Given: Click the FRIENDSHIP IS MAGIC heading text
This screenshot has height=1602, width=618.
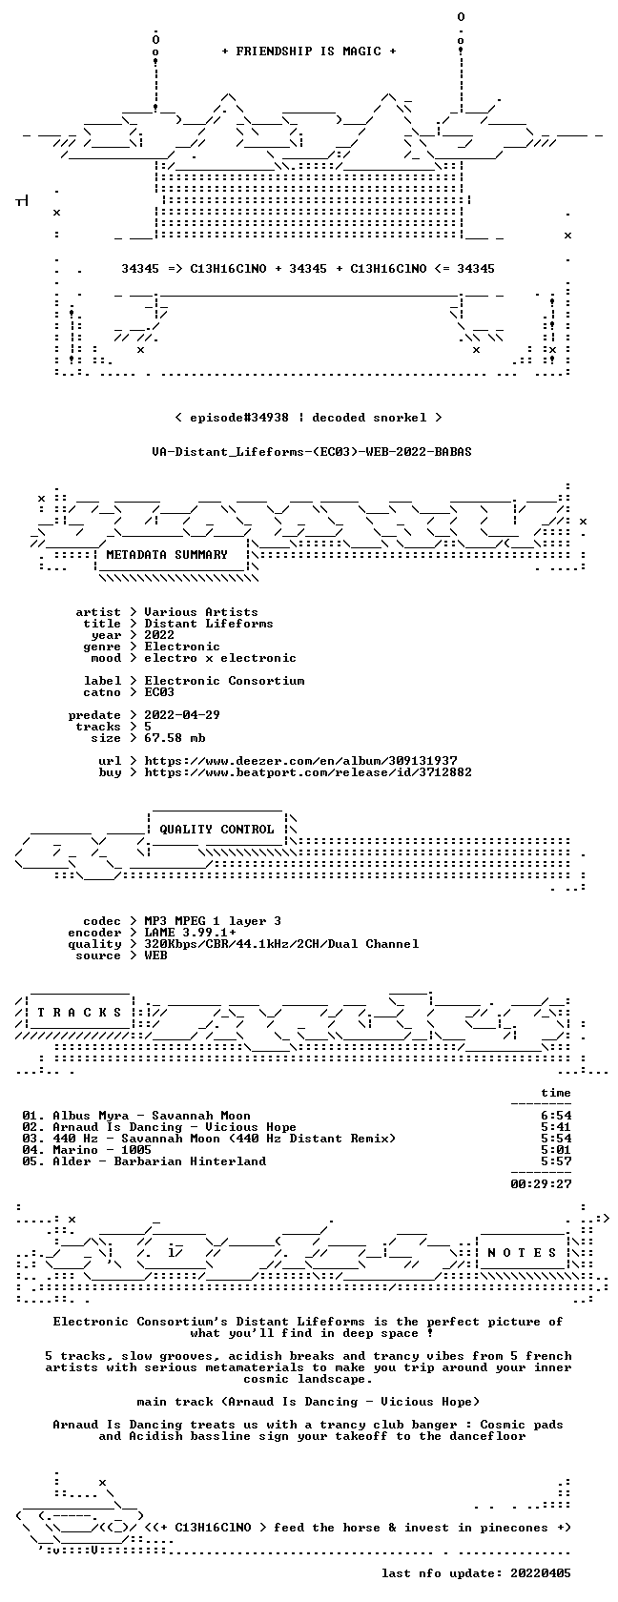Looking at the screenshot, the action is pyautogui.click(x=309, y=51).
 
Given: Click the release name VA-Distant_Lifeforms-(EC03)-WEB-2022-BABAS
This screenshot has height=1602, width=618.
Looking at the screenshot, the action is pyautogui.click(x=312, y=452).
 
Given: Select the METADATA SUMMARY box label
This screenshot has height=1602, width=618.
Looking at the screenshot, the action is pyautogui.click(x=167, y=555).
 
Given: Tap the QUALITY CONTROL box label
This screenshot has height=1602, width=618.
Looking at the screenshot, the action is pyautogui.click(x=216, y=830).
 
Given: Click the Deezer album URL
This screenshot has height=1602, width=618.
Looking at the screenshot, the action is pyautogui.click(x=301, y=761).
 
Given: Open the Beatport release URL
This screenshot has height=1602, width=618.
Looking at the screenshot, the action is pyautogui.click(x=308, y=772).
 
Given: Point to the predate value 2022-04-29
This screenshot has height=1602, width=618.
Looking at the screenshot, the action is pyautogui.click(x=182, y=715).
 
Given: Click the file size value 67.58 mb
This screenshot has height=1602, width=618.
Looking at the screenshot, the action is pyautogui.click(x=175, y=738).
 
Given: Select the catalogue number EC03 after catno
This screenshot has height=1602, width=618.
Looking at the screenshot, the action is pyautogui.click(x=159, y=692).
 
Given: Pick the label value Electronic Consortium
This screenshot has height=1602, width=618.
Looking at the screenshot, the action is pyautogui.click(x=225, y=681).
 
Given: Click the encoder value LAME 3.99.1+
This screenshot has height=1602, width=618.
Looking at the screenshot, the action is pyautogui.click(x=191, y=933).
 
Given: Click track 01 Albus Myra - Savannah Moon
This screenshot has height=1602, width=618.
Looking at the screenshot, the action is pyautogui.click(x=136, y=1116).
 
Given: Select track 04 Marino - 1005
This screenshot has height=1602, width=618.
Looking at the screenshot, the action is pyautogui.click(x=87, y=1150).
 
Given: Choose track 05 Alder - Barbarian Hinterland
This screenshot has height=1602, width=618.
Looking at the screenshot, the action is pyautogui.click(x=144, y=1161).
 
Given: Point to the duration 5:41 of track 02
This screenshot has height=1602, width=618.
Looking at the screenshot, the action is pyautogui.click(x=556, y=1127).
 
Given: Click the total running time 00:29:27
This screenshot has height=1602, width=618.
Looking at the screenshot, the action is pyautogui.click(x=541, y=1184).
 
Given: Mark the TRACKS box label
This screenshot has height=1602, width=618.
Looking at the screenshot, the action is pyautogui.click(x=79, y=1013).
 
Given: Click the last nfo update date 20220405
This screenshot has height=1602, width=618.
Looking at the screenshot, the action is pyautogui.click(x=541, y=1573).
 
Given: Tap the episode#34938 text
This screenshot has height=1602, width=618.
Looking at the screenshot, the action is pyautogui.click(x=239, y=418).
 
